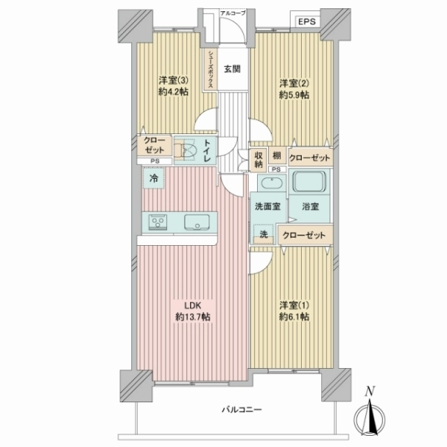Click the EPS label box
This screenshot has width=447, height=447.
pos(308,22)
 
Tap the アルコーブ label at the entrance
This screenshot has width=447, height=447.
pos(233,13)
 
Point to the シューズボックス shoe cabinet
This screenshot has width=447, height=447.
pos(212,69)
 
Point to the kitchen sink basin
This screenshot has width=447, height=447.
pos(197,221)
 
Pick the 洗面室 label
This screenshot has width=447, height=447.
pos(267,206)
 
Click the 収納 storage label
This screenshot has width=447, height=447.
pos(258,159)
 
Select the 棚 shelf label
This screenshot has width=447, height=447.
pos(276,154)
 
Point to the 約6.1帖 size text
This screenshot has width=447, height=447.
pos(294,317)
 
